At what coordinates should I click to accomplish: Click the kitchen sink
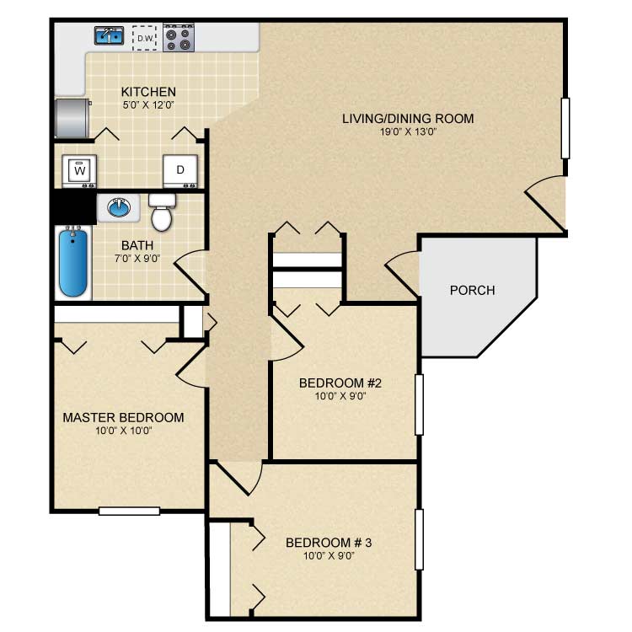[110, 35]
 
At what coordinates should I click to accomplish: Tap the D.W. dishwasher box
[145, 38]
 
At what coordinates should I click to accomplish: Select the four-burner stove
[179, 37]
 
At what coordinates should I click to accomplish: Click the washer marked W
[79, 171]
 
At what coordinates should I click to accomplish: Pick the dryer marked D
[180, 171]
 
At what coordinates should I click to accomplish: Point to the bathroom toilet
[162, 212]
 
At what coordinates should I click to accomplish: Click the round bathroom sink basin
[119, 207]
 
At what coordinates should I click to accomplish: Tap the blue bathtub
[73, 262]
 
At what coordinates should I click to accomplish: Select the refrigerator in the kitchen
[72, 118]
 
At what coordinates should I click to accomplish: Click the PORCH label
[473, 290]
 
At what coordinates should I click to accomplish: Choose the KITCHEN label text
[148, 92]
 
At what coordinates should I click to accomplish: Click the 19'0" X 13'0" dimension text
[409, 131]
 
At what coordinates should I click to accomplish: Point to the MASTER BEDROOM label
[123, 418]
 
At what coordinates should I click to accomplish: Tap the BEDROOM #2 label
[340, 383]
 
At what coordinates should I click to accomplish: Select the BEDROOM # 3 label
[329, 543]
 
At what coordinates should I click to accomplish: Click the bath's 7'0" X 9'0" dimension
[137, 259]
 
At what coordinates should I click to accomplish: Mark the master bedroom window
[130, 511]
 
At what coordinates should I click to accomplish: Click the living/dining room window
[565, 128]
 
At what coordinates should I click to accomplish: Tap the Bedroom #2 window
[419, 404]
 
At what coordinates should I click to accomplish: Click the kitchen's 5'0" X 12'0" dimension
[148, 105]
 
